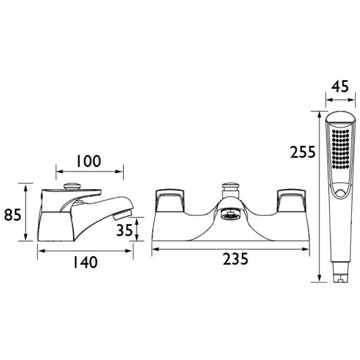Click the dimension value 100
88,161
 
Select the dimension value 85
13,215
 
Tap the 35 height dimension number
125,230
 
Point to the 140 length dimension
85,262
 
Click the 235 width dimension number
235,259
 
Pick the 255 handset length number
303,152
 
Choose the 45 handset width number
340,86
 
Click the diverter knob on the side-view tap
72,186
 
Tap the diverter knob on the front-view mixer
231,190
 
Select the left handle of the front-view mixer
170,200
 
